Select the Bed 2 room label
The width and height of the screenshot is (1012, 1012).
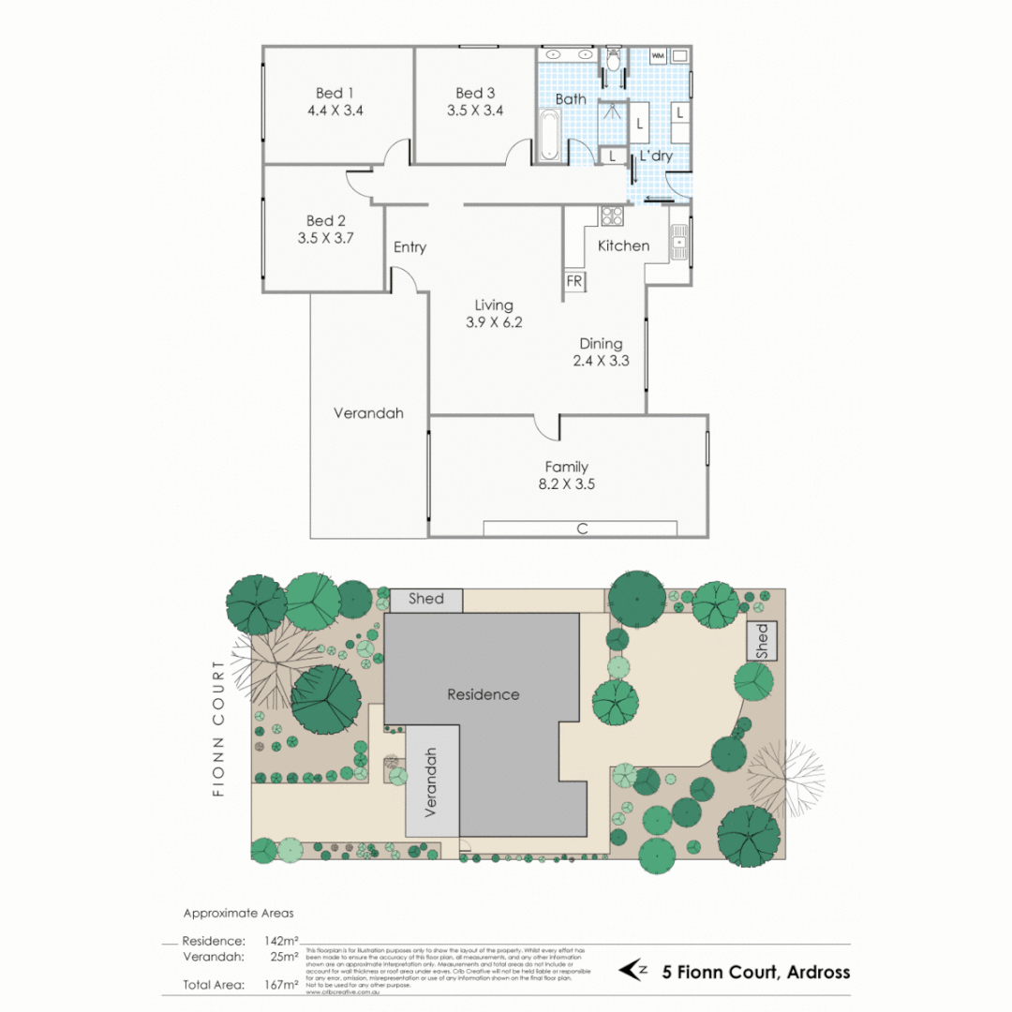click(325, 221)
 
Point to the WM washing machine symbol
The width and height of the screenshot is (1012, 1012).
click(658, 56)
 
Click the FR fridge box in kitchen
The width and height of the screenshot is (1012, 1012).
click(573, 281)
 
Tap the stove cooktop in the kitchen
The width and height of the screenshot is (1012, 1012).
click(612, 216)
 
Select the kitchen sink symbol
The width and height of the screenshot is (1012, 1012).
click(678, 242)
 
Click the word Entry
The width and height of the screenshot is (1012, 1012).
click(409, 247)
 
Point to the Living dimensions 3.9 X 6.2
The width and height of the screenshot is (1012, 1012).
click(493, 322)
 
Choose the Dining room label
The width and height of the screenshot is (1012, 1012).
click(600, 344)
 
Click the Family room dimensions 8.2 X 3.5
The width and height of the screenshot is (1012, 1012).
click(567, 484)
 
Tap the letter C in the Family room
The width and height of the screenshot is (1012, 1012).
click(582, 529)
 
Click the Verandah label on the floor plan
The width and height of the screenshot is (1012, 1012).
click(368, 412)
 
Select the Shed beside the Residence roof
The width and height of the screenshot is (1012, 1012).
click(426, 600)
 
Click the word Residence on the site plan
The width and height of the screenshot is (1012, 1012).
click(483, 694)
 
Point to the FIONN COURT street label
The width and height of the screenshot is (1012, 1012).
click(219, 728)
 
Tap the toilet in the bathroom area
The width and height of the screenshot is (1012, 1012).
click(614, 61)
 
